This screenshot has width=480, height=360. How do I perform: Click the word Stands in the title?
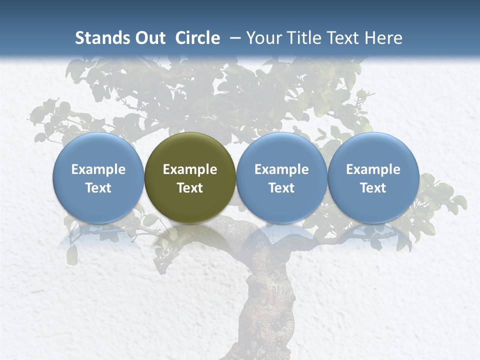tap(102, 38)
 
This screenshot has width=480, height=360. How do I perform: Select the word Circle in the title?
tap(197, 38)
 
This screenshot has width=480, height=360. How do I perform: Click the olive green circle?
tap(190, 177)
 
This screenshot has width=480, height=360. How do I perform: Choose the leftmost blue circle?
tap(98, 177)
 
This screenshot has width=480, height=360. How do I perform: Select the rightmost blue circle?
tap(373, 177)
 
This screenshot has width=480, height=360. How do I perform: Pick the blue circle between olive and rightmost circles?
tap(281, 177)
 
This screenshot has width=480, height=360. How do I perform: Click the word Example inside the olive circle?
tap(190, 169)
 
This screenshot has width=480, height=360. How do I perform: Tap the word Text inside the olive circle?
tap(190, 188)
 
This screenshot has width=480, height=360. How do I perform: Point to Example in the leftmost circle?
tap(98, 169)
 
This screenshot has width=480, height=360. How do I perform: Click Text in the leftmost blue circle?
tap(98, 188)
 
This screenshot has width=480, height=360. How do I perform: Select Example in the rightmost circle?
tap(373, 169)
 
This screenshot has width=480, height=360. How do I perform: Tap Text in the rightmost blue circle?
tap(373, 188)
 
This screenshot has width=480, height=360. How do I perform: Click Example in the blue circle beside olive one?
tap(281, 169)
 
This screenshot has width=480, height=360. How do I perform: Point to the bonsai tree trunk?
tap(262, 300)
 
